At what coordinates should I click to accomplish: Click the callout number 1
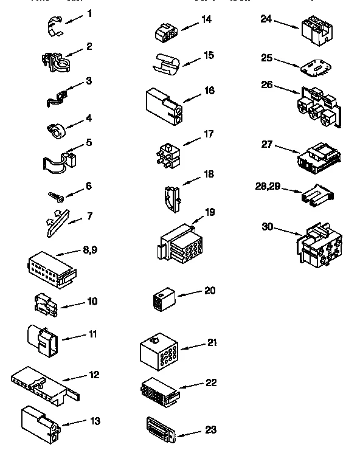point(89,13)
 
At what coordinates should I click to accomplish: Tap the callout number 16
point(209,90)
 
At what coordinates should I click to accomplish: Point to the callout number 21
point(212,342)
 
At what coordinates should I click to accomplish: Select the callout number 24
point(265,19)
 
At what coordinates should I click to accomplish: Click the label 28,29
point(269,186)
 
